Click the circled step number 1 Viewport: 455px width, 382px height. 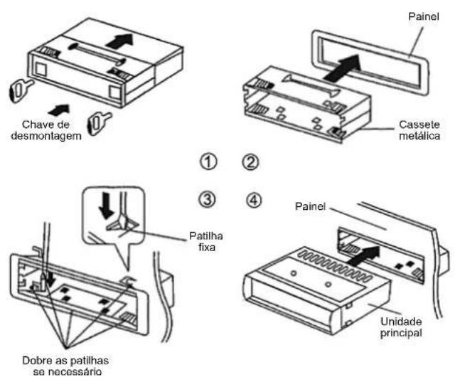(x=208, y=162)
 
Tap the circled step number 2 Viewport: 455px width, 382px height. (x=250, y=162)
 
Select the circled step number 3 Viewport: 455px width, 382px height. (x=207, y=200)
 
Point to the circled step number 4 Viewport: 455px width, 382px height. (x=254, y=200)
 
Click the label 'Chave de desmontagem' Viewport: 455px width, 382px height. (x=46, y=130)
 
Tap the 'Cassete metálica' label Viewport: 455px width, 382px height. (x=419, y=130)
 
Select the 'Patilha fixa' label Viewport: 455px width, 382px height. (x=206, y=241)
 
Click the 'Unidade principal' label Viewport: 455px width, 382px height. (x=401, y=327)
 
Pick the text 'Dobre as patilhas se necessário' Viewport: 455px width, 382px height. (x=65, y=366)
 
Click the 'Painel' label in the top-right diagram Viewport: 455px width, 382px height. (x=424, y=16)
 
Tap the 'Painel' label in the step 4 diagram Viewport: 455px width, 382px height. (x=310, y=207)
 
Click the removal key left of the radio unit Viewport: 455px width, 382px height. (x=21, y=89)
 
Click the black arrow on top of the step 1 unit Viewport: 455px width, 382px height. (x=119, y=41)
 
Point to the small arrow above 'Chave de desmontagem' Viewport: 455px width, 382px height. (x=59, y=110)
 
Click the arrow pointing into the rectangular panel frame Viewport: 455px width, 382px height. (x=343, y=68)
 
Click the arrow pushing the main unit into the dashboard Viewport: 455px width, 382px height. (x=363, y=256)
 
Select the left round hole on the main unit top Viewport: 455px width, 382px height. (x=294, y=273)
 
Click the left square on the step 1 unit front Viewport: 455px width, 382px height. (x=41, y=70)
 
